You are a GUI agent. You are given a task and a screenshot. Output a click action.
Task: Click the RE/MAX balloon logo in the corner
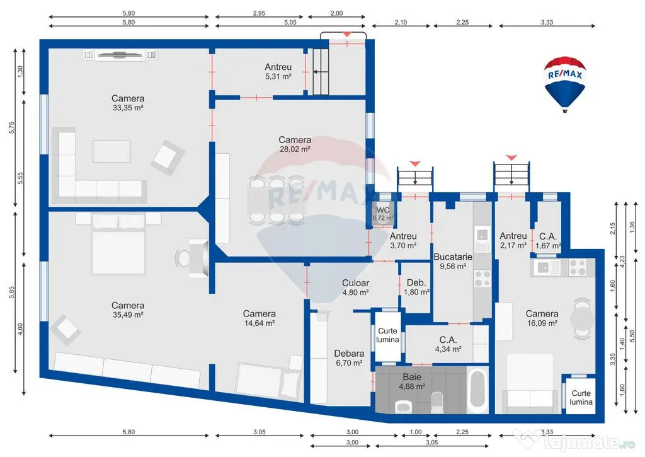pos(565,84)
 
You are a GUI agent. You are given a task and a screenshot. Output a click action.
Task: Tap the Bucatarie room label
pos(453,257)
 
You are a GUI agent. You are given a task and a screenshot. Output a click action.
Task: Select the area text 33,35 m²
pos(128,108)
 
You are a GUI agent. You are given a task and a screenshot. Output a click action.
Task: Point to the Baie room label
pos(412,377)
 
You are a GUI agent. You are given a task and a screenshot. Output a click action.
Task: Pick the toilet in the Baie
pos(437,402)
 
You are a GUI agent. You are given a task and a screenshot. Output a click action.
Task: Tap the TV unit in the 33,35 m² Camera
pos(120,55)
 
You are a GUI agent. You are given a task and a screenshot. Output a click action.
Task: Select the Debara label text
pos(349,354)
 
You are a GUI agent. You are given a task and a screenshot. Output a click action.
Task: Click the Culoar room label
pos(355,283)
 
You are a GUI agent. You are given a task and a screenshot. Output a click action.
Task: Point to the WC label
pos(383,211)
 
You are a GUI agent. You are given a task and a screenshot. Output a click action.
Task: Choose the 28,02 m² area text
pos(295,149)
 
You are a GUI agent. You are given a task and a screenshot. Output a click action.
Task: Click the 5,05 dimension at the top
pos(290,23)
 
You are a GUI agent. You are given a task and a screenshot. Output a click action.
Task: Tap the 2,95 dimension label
pos(259,13)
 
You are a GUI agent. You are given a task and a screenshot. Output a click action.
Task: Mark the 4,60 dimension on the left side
pos(20,330)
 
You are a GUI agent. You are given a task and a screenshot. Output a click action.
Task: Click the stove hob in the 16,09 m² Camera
pos(578,268)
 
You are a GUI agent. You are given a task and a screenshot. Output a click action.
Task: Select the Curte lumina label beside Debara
pos(387,335)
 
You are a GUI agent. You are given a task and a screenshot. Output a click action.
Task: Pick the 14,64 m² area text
pos(260,323)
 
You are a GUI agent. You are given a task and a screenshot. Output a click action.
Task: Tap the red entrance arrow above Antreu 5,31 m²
pos(347,34)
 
